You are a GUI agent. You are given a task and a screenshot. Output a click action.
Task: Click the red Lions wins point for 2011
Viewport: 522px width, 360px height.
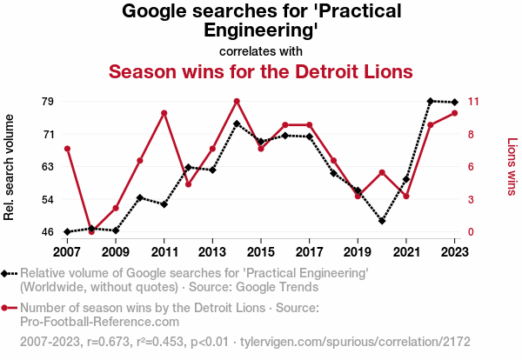tap(164, 113)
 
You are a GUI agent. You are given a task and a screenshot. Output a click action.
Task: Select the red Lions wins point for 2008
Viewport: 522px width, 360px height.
tap(91, 231)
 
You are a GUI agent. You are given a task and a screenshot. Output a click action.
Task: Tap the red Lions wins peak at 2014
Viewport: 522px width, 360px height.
tap(237, 101)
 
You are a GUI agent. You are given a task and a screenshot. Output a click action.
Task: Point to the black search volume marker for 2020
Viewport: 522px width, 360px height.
tap(382, 221)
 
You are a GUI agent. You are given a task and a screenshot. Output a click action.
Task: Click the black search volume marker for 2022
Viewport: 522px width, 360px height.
tap(431, 101)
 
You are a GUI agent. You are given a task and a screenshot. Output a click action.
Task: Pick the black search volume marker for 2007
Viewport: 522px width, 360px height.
tap(67, 232)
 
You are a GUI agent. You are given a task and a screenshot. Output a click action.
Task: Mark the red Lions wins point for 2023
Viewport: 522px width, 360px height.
tap(455, 113)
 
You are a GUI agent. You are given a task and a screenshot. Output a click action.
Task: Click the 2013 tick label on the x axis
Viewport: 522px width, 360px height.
tap(212, 251)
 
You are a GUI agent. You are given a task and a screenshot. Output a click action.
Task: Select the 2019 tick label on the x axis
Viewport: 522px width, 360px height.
tap(358, 251)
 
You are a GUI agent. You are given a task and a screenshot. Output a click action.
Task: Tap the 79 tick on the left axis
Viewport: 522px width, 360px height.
tap(48, 101)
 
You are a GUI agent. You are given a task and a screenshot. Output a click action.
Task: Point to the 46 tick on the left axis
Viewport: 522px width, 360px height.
tap(48, 232)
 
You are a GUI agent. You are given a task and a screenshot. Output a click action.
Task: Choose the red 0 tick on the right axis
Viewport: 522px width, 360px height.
tap(472, 232)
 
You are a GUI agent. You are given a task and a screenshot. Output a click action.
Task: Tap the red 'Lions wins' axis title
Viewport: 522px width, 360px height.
tap(512, 166)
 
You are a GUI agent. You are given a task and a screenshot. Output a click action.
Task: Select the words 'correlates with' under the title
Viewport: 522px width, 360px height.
tap(261, 50)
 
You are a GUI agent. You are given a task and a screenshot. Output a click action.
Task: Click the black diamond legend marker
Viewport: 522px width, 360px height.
tap(6, 273)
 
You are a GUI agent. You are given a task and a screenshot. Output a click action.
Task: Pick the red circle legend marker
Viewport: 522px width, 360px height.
tap(6, 308)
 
